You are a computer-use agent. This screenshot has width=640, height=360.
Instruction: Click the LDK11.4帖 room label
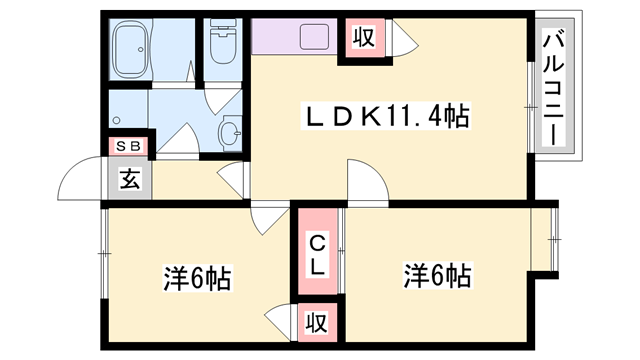coord(386,118)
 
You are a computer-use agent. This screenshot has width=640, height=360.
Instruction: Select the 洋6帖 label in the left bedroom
coord(196,278)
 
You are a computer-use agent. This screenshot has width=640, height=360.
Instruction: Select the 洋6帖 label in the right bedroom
coord(438,274)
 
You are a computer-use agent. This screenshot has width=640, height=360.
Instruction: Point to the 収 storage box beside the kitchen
coord(361,39)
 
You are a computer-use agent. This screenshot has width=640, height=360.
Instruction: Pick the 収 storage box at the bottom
coord(316,323)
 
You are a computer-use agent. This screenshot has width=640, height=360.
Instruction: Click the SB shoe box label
coord(129,146)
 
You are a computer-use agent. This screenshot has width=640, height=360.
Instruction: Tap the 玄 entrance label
coord(130,180)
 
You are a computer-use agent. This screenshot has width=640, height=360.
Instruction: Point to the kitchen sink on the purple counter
coord(313,39)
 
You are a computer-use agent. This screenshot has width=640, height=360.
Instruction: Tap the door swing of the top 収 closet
coord(403,41)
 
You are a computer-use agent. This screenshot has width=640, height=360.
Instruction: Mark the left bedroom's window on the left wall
coord(103,254)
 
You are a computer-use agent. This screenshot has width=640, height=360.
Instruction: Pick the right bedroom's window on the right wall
coord(556,240)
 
